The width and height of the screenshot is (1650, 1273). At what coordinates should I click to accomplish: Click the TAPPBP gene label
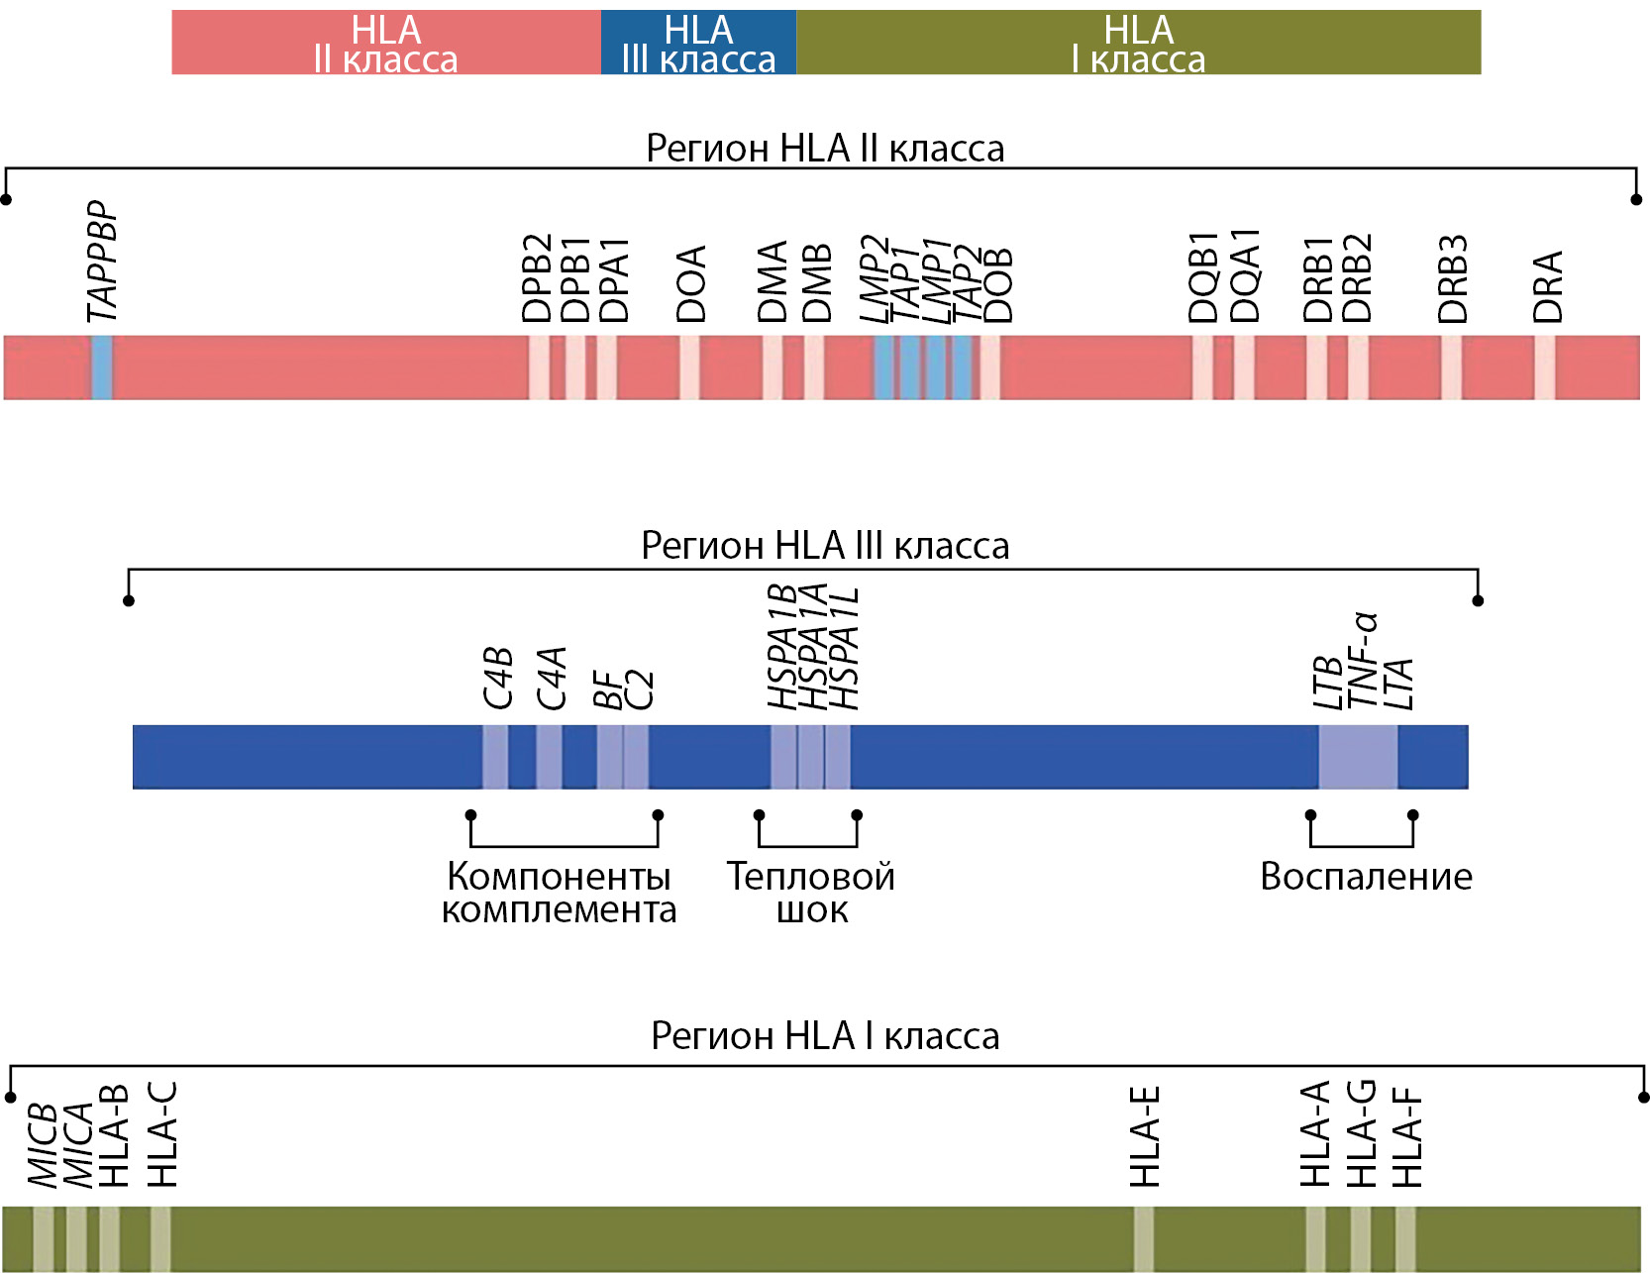[102, 262]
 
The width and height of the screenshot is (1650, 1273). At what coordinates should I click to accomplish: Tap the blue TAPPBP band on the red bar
[101, 368]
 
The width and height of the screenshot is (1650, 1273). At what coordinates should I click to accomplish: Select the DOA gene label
[691, 283]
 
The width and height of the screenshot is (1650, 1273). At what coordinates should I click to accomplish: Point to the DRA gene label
[1547, 286]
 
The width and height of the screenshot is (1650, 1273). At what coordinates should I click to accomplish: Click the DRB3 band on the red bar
[1451, 368]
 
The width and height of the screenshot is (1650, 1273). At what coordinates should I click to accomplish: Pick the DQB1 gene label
[1202, 278]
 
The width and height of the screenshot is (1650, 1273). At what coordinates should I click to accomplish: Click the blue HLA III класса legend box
[698, 43]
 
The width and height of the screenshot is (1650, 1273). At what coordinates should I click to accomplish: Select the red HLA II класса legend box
[386, 43]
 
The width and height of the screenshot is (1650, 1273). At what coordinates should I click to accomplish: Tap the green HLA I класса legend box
[1138, 43]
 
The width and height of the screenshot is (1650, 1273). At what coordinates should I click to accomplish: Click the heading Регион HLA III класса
[825, 545]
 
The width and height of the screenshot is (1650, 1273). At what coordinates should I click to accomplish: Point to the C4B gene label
[497, 678]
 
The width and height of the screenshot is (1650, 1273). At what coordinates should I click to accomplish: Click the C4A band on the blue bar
[549, 757]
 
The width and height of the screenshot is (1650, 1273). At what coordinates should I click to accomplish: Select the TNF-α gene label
[1363, 660]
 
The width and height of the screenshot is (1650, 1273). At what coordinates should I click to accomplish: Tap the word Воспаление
[1366, 876]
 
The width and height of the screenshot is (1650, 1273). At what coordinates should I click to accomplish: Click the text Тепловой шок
[810, 892]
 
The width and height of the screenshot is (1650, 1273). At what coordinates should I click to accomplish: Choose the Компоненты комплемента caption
[559, 892]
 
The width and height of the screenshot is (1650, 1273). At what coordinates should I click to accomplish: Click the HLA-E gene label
[1145, 1137]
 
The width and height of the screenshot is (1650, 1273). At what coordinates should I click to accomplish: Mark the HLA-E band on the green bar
[1143, 1238]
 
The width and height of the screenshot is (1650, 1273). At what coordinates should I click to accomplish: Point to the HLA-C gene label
[162, 1134]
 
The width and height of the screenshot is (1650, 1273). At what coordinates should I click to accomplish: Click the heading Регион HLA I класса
[825, 1035]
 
